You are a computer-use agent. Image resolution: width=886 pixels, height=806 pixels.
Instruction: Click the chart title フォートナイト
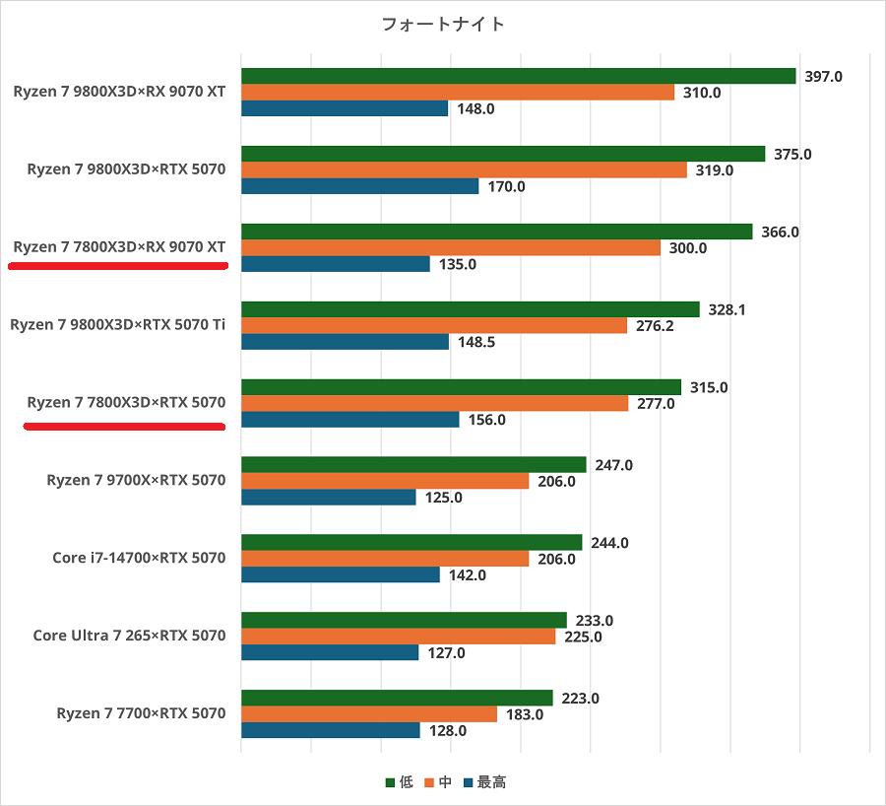pos(443,25)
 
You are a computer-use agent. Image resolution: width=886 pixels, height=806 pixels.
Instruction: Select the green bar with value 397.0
pos(518,76)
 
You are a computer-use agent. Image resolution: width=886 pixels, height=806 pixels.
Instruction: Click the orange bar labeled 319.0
pos(464,169)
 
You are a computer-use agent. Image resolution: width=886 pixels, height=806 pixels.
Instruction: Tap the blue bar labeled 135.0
pos(336,264)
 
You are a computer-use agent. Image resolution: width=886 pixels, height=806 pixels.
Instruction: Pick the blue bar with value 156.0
pos(350,420)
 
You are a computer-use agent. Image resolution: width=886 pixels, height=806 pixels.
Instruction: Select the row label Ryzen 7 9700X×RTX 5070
pos(136,481)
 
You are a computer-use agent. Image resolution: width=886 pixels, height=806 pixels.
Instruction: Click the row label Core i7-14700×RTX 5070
pos(139,558)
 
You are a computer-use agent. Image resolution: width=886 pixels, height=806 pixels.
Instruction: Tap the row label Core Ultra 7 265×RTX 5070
pos(129,636)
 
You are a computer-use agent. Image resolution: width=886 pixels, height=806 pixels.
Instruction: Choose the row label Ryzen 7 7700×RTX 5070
pos(141,713)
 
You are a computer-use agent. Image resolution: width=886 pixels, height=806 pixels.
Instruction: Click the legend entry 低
pos(399,782)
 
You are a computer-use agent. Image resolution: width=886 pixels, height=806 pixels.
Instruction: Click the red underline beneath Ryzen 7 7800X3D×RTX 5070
pos(124,427)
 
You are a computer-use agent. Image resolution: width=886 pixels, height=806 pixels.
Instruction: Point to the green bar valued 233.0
pos(404,620)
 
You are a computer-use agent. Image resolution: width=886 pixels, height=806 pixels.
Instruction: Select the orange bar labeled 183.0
pos(369,714)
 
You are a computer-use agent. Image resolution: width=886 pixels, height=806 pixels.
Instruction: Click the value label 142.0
pos(467,575)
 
